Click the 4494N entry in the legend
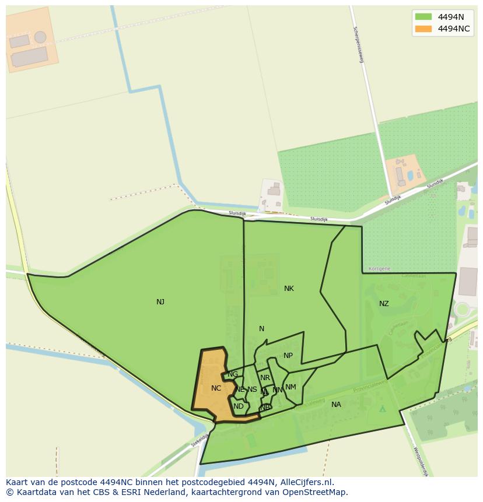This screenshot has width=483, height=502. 450,17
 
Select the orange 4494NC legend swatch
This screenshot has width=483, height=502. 423,29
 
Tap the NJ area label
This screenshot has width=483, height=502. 160,302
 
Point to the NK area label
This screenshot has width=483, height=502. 289,289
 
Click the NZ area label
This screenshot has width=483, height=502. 384,304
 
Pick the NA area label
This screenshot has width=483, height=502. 336,405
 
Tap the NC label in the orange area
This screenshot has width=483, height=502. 216,388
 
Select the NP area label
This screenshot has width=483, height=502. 288,356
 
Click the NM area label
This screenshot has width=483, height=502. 290,387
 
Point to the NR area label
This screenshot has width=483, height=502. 265,378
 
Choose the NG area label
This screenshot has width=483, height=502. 233,374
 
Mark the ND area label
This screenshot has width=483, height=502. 239,406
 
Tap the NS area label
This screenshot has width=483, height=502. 252,389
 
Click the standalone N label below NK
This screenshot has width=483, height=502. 261,329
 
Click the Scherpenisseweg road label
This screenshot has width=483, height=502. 358,44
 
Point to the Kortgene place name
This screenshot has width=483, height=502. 380,269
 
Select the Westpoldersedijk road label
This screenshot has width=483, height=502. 421,462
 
